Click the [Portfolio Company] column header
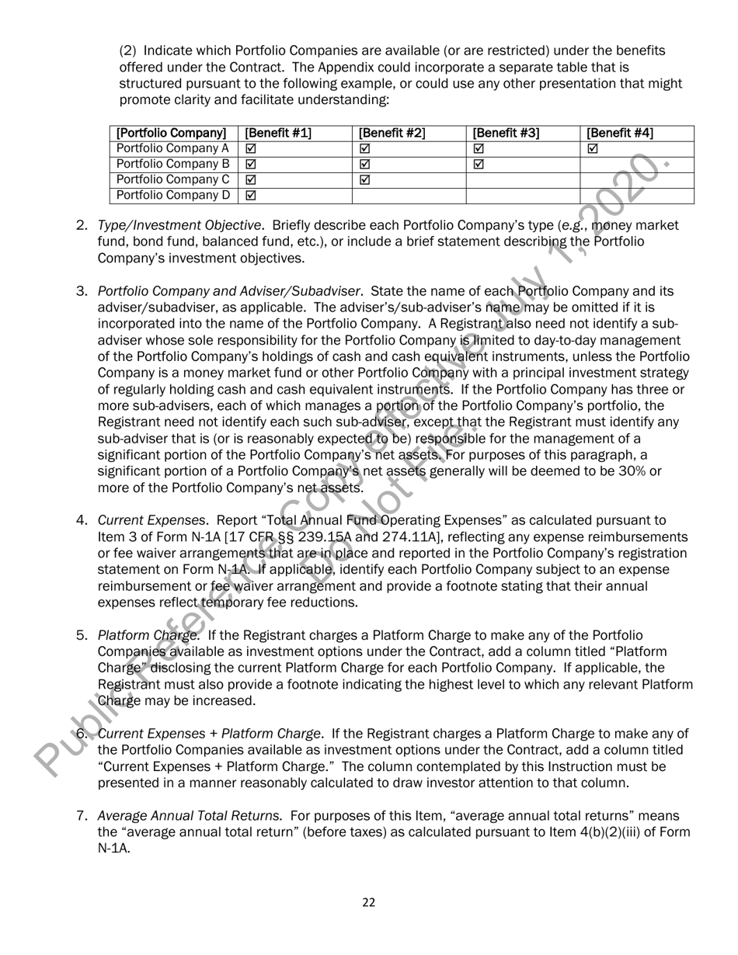click(171, 133)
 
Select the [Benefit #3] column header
click(506, 133)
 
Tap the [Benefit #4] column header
click(620, 133)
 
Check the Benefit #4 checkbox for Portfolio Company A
click(594, 148)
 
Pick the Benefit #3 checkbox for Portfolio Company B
click(479, 164)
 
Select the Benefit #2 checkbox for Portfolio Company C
click(365, 179)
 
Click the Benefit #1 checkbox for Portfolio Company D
click(251, 195)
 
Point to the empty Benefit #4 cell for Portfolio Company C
click(636, 179)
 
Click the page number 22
click(369, 901)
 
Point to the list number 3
click(82, 292)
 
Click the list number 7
click(82, 816)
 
